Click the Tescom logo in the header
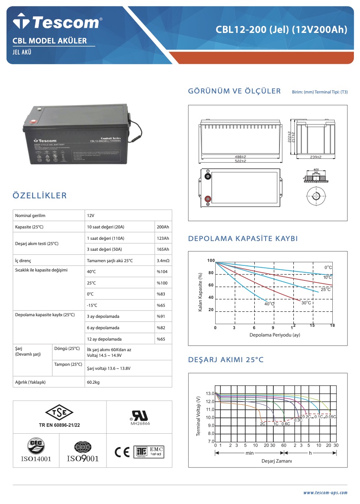57,22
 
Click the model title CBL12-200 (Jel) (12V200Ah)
281,30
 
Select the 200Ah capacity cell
163,227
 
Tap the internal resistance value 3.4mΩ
163,261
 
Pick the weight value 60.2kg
94,382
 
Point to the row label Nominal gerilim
30,215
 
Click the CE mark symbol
122,452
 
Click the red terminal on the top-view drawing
208,199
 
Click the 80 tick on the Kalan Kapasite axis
211,273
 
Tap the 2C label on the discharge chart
263,424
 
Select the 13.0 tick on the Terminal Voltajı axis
209,394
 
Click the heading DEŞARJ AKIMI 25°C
226,360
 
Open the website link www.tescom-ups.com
325,493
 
